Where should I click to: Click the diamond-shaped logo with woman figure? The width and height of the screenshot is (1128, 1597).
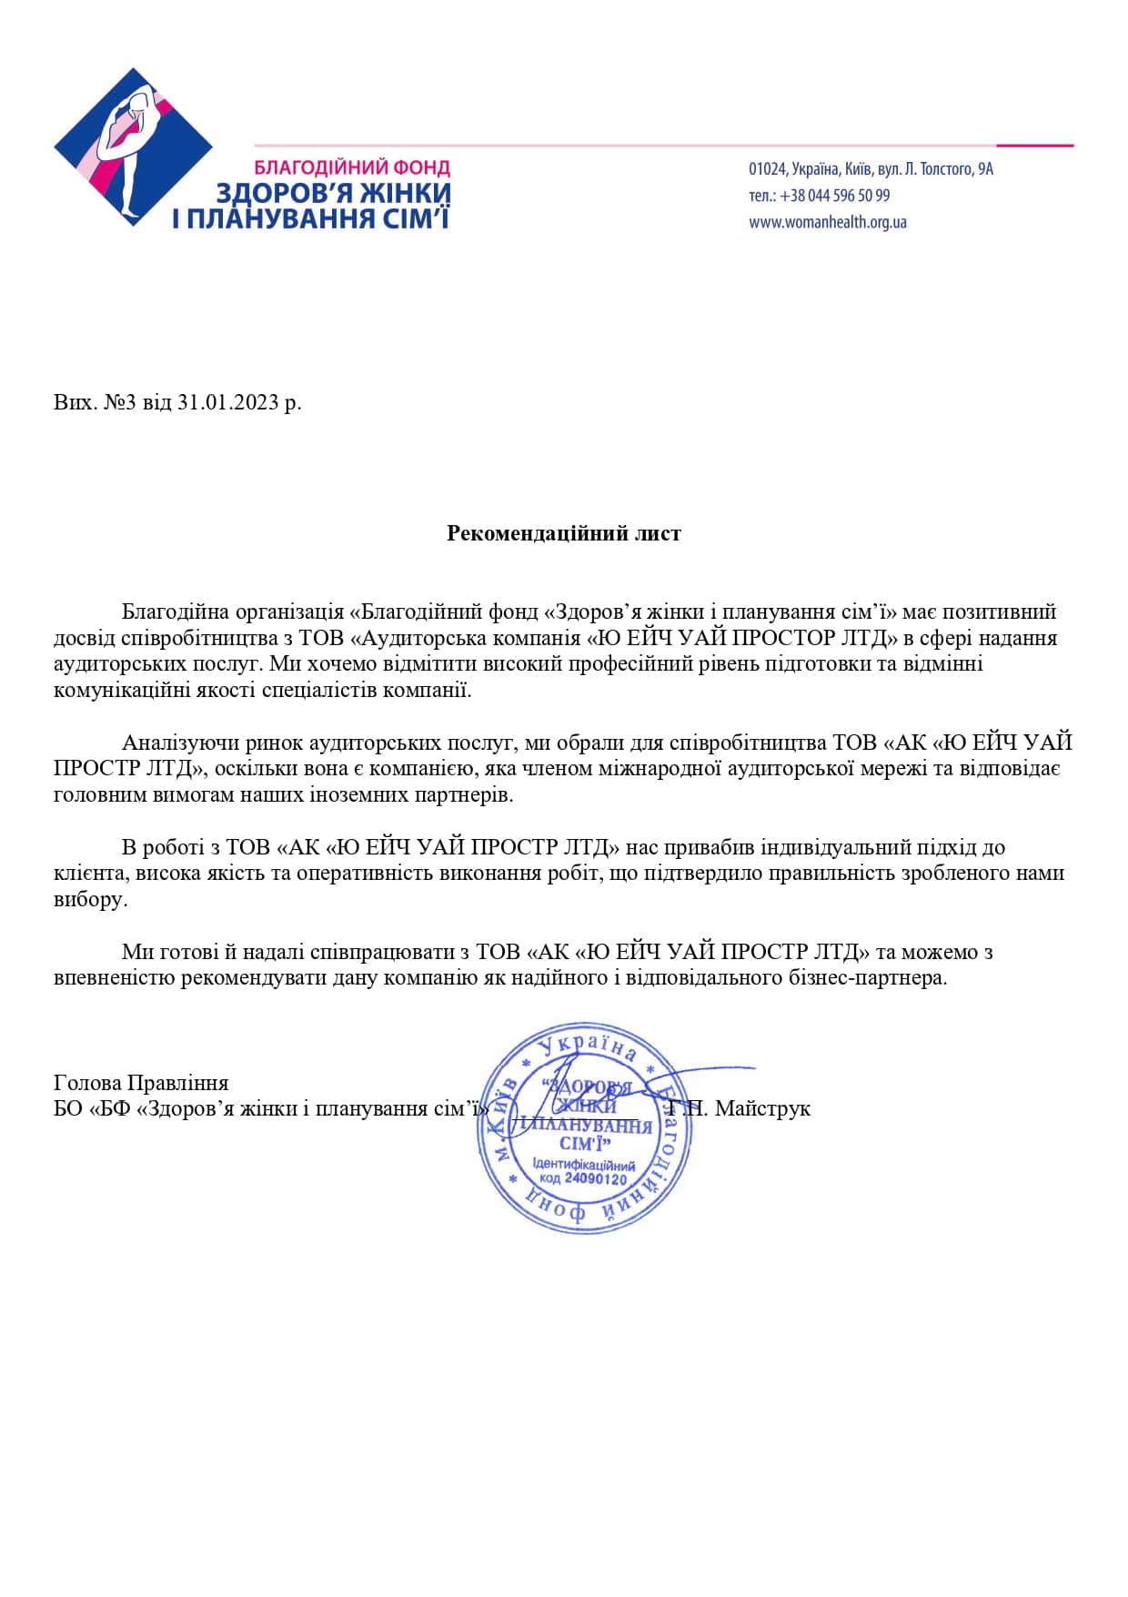point(133,147)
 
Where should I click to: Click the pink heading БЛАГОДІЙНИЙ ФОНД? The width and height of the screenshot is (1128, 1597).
point(351,168)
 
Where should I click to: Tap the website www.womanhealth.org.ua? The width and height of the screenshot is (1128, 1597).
point(827,222)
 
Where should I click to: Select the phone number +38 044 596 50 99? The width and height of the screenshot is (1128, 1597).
point(834,196)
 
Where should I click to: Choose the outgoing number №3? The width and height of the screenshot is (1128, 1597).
point(119,402)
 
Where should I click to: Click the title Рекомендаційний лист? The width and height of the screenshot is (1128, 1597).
point(563,533)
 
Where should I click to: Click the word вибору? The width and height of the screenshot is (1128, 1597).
point(90,900)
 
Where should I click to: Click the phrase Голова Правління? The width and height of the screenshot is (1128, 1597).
point(141,1083)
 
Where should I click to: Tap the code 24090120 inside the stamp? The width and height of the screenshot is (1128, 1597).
point(595,1178)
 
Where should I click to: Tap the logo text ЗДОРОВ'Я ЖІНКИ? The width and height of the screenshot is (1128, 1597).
point(333,193)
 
